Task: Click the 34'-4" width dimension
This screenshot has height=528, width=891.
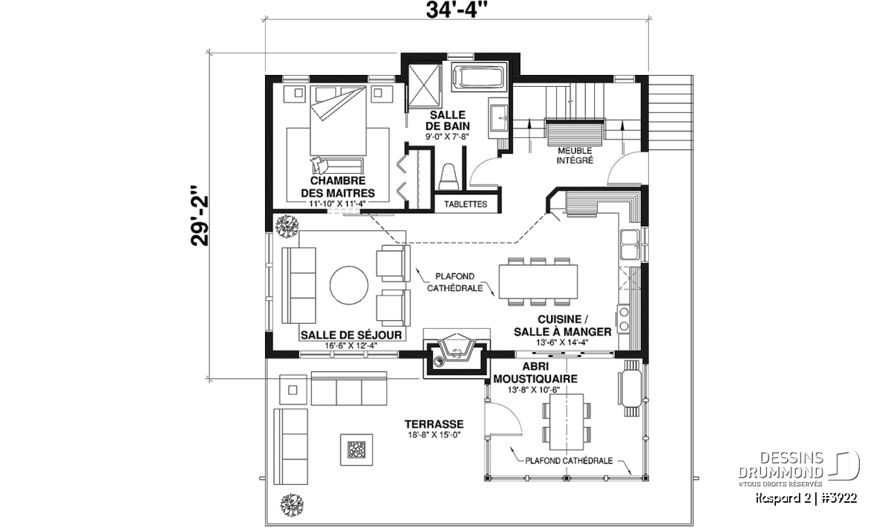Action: click(457, 10)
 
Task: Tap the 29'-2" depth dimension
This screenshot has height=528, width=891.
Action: click(200, 215)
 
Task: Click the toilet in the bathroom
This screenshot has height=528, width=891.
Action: click(448, 177)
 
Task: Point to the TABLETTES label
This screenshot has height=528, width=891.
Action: click(466, 204)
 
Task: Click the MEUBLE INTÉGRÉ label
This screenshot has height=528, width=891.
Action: click(575, 155)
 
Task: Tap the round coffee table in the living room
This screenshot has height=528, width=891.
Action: click(349, 285)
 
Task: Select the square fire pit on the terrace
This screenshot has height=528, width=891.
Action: click(356, 449)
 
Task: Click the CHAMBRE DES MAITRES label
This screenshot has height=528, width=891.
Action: click(338, 186)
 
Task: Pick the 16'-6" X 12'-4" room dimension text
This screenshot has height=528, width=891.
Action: click(350, 345)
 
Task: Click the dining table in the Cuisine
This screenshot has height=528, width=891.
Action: click(538, 281)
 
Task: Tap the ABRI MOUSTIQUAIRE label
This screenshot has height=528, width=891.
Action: click(535, 373)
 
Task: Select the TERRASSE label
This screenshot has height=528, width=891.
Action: click(434, 424)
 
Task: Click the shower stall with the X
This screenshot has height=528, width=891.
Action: click(425, 85)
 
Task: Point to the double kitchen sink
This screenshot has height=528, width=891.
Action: click(630, 245)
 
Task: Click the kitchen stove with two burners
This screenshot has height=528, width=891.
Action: click(624, 319)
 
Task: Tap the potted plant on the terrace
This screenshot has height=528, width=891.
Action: click(292, 505)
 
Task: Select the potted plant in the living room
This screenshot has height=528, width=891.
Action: click(287, 226)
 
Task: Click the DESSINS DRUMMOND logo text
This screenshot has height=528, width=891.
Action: click(781, 465)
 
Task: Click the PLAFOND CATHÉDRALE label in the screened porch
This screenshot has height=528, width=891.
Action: click(569, 461)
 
